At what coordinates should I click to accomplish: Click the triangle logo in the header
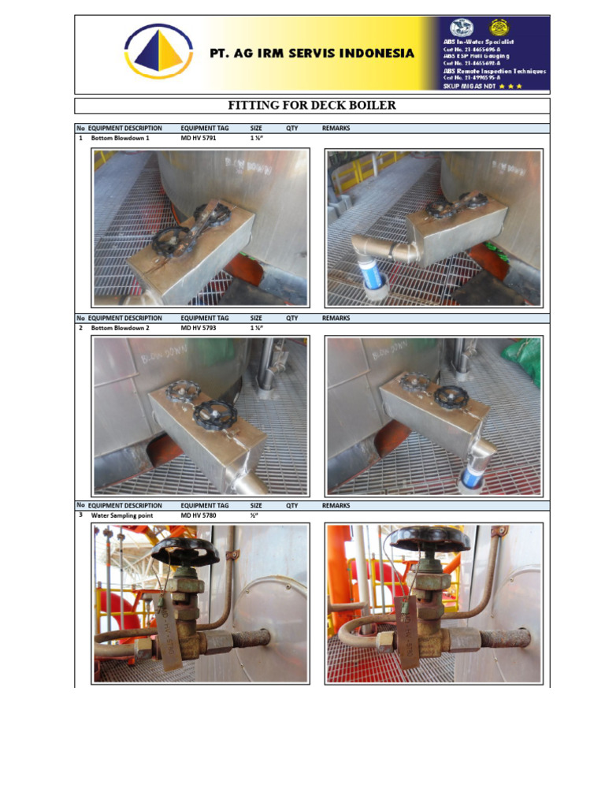pos(158,51)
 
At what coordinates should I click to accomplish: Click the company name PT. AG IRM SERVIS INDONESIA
pos(311,54)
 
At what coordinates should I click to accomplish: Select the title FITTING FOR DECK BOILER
pos(311,106)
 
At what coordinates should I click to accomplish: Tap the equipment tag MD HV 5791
pos(199,138)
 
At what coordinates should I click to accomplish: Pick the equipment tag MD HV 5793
pos(199,327)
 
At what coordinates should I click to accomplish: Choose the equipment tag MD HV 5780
pos(199,515)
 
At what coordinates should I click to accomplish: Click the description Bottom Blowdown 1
pos(120,138)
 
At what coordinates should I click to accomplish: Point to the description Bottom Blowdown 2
pos(120,327)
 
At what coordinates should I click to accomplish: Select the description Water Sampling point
pos(122,515)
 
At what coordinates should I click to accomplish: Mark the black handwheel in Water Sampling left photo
pos(185,550)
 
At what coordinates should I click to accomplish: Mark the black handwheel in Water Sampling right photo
pos(430,539)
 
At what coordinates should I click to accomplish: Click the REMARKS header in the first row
pos(336,128)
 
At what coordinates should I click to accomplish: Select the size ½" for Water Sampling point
pos(254,515)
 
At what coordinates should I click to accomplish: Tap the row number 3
pos(81,515)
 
